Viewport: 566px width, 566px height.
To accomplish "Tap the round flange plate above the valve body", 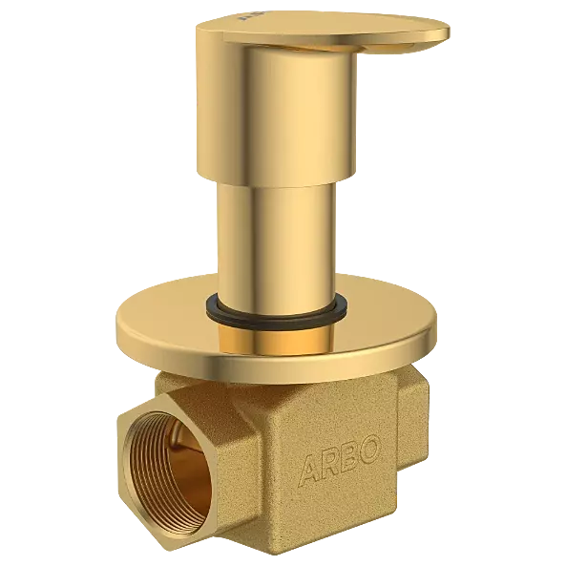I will click(191, 334).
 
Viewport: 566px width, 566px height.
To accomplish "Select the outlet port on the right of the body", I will click(420, 420).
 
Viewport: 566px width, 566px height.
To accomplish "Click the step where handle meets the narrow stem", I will click(274, 183).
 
